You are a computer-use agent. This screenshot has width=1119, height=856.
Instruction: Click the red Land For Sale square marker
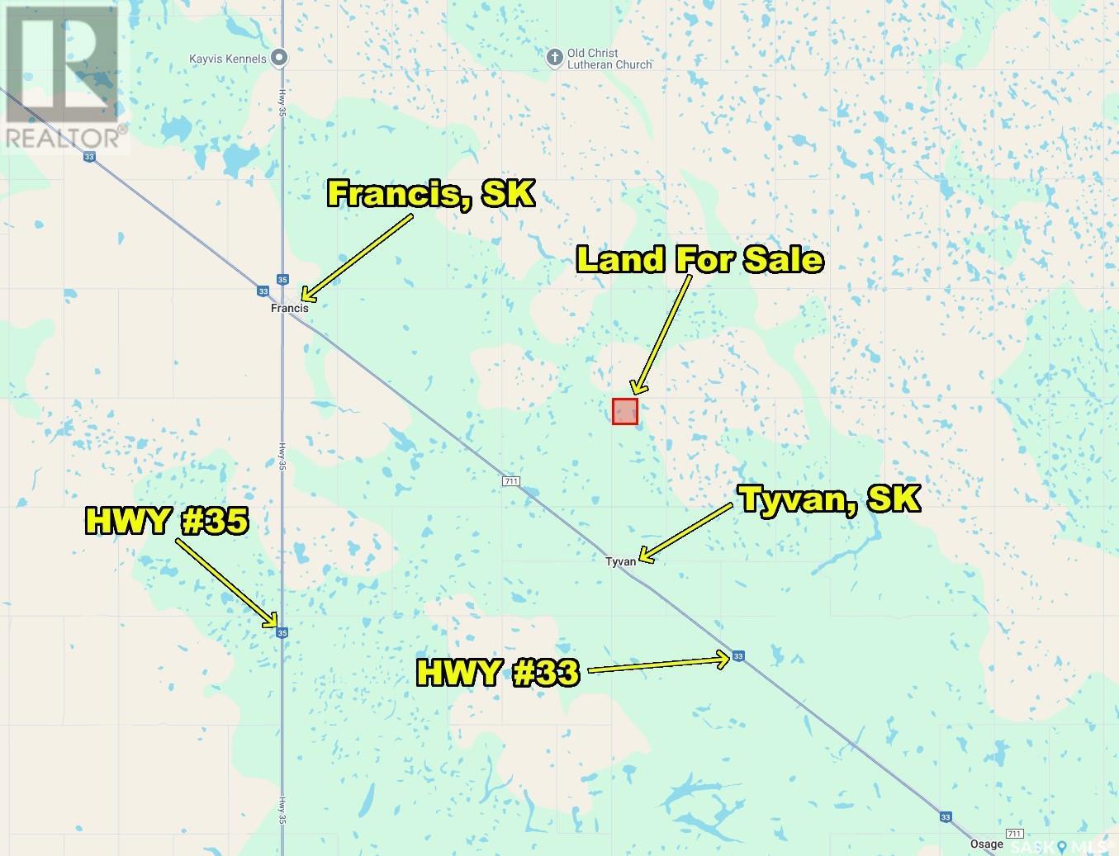tap(624, 411)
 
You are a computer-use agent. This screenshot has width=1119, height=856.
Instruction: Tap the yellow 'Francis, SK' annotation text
tap(431, 194)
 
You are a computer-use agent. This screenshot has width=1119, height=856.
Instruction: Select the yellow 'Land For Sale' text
tap(699, 259)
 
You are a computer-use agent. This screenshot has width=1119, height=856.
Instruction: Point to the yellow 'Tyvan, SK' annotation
tap(829, 499)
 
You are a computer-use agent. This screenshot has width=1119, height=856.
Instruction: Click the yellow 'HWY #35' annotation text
tap(167, 521)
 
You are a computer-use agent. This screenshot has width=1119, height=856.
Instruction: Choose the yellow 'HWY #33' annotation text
tap(497, 673)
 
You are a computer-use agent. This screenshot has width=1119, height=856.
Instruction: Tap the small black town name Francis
tap(290, 308)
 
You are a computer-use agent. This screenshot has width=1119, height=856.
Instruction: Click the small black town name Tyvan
tap(620, 561)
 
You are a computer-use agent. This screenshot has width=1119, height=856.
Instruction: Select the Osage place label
tap(987, 844)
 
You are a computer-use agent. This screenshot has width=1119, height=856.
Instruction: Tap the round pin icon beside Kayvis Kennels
tap(280, 58)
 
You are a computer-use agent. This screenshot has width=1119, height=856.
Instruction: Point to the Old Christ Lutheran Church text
tap(609, 59)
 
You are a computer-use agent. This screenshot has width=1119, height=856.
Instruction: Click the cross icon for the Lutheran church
tap(555, 57)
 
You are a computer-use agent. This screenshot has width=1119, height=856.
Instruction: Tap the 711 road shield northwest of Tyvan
tap(511, 480)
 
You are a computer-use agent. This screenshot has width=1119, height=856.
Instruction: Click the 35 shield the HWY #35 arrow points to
tap(282, 632)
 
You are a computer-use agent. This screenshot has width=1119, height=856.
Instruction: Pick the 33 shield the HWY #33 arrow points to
tap(738, 656)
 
